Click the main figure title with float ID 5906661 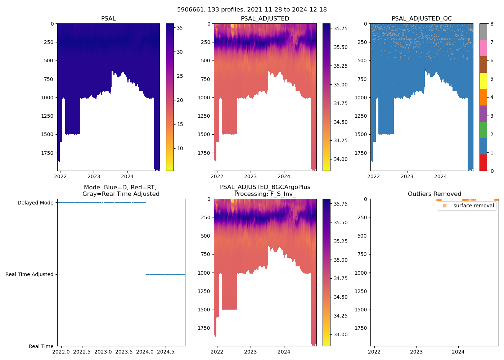click(x=252, y=10)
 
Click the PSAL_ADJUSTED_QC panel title click(x=422, y=19)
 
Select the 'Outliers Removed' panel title click(x=434, y=194)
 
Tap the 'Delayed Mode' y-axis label click(x=35, y=203)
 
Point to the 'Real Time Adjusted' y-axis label click(x=29, y=274)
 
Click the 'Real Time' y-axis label click(x=41, y=346)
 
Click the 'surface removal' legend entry click(x=473, y=206)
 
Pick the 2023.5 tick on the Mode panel click(x=124, y=351)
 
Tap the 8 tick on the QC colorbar click(x=492, y=24)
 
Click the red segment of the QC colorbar click(x=483, y=163)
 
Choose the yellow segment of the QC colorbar click(x=483, y=81)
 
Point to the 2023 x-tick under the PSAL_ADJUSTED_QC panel click(x=407, y=176)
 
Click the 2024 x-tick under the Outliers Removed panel click(x=458, y=352)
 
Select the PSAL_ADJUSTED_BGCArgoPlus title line click(x=265, y=187)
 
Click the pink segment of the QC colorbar click(x=483, y=48)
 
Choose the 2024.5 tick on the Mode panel click(x=166, y=351)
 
